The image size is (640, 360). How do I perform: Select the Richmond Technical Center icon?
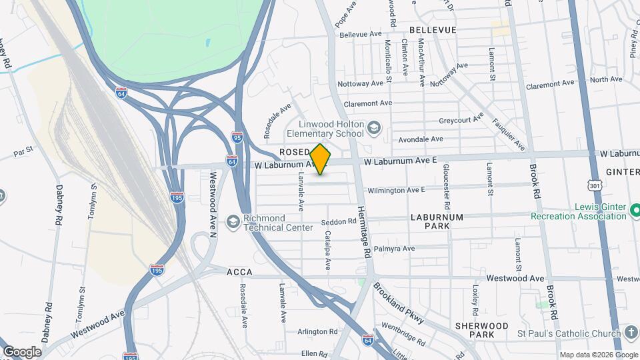pyautogui.click(x=233, y=221)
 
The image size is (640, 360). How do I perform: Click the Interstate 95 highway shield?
pyautogui.click(x=237, y=137)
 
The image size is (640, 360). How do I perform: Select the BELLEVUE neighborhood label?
pyautogui.click(x=433, y=30)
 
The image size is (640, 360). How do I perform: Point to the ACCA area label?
pyautogui.click(x=238, y=273)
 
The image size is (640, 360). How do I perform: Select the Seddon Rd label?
pyautogui.click(x=338, y=221)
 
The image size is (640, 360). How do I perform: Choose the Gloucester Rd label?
pyautogui.click(x=447, y=187)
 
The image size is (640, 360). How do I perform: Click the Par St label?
pyautogui.click(x=23, y=153)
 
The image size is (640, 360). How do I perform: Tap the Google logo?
pyautogui.click(x=22, y=351)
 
